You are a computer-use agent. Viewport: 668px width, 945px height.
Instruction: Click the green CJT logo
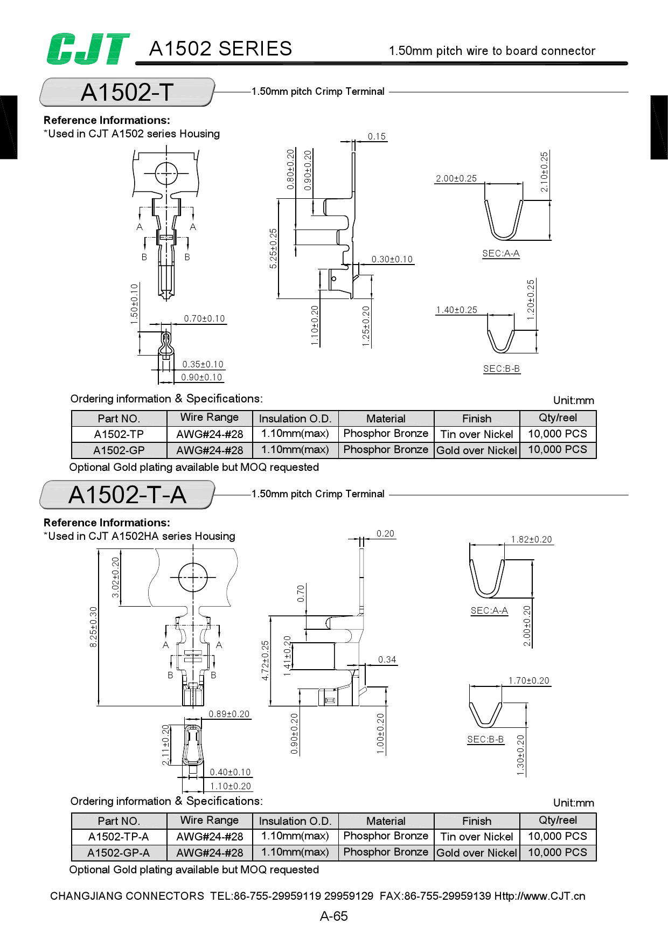tap(88, 49)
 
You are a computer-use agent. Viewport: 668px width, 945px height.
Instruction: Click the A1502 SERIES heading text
tap(220, 49)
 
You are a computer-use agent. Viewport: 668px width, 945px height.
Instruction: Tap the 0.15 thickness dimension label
tap(377, 136)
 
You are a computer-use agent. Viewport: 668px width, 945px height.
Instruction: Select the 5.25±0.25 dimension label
tap(273, 248)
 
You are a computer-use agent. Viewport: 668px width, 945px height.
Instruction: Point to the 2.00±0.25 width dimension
tap(456, 178)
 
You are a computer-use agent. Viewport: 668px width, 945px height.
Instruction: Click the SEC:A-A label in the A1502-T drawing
tap(500, 253)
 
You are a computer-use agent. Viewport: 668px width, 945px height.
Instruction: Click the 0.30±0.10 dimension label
tap(392, 259)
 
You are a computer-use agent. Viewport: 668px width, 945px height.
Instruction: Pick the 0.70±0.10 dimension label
tap(204, 318)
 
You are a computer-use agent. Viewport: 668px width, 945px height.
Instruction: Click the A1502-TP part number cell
tap(119, 434)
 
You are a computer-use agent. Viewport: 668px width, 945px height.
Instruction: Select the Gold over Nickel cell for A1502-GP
tap(477, 450)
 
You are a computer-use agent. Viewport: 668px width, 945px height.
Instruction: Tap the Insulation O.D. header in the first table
tap(295, 419)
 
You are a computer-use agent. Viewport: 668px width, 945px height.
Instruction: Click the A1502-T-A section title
tap(127, 495)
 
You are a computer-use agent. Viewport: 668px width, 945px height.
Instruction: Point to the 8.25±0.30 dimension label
tap(94, 627)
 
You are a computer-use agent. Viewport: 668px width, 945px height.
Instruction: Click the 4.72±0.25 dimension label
tap(265, 660)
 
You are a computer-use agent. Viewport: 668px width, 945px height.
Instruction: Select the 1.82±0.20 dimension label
tap(531, 539)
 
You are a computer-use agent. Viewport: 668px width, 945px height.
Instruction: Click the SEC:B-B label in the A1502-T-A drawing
tap(485, 739)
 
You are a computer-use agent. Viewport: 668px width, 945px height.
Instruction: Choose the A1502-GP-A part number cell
tap(119, 853)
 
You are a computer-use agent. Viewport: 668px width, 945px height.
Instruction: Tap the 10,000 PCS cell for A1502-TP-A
tap(557, 836)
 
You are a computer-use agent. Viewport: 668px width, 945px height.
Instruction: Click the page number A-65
tap(333, 916)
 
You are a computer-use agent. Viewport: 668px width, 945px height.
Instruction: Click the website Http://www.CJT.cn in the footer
tap(540, 896)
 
